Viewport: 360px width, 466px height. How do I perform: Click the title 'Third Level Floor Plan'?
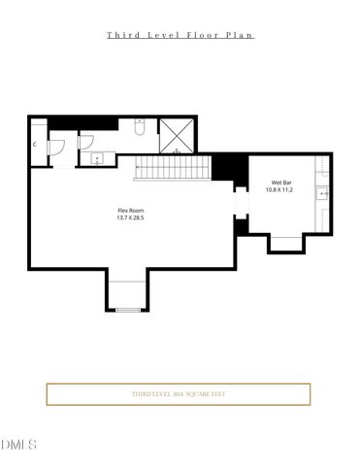coord(180,34)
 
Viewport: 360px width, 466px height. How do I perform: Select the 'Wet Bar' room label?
coord(282,183)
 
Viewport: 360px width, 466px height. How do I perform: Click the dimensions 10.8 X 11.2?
coord(282,190)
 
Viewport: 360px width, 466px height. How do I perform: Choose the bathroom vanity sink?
coord(95,157)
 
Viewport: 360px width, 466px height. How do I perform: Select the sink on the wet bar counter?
coord(325,193)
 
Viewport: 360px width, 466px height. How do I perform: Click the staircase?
coord(172,168)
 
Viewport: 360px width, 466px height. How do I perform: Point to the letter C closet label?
coord(35,145)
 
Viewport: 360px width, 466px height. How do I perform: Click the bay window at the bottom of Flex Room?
coord(127,294)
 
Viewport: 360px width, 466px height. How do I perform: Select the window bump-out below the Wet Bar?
coord(287,243)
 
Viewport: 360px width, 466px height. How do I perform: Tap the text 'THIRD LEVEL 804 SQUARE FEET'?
coord(179,394)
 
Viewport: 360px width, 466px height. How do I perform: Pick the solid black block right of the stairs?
coord(224,167)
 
